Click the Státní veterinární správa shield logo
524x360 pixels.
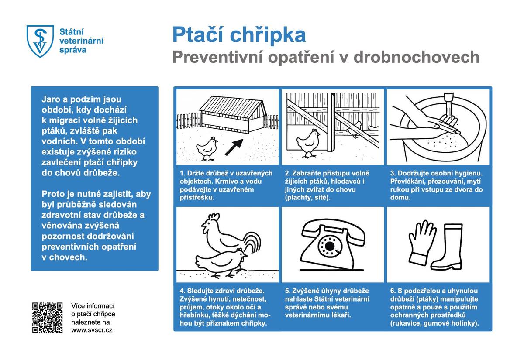(x=40, y=41)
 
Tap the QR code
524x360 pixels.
(x=47, y=317)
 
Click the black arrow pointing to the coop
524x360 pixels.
(x=234, y=147)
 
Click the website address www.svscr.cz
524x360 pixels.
(x=92, y=330)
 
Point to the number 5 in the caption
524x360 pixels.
(x=287, y=291)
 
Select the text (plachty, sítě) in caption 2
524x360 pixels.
(x=308, y=198)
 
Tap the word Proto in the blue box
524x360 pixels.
(x=53, y=194)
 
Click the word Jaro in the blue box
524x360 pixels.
(x=51, y=99)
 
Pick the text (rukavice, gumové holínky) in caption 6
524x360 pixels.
(x=434, y=323)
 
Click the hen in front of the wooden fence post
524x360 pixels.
(x=308, y=142)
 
